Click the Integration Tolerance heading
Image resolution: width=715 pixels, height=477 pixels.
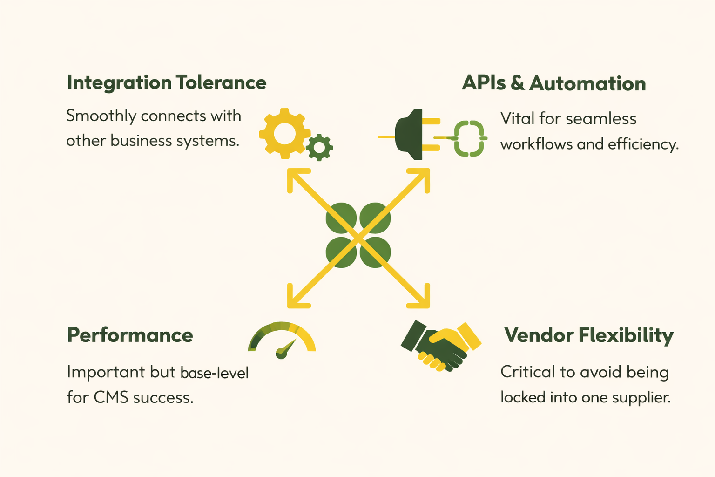coord(167,83)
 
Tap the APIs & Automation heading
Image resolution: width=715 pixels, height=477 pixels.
coord(553,84)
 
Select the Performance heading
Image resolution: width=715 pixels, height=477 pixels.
coord(130,335)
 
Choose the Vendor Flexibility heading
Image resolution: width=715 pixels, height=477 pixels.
coord(588,335)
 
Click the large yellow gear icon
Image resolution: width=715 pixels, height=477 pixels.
coord(284,134)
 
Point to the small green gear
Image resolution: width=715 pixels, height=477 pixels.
coord(319,148)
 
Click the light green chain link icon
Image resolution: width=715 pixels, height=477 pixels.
coord(469,138)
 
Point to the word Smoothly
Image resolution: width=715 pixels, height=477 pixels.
coord(101,116)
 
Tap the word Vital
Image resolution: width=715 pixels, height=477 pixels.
coord(517,119)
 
